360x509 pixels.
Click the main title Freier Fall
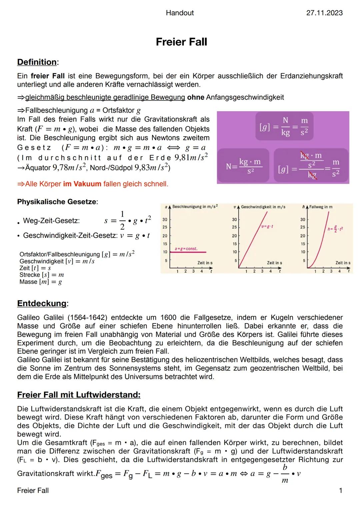coord(181,42)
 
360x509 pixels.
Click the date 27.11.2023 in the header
coord(324,13)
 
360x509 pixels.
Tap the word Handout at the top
coord(180,13)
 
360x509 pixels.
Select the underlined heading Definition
coord(37,62)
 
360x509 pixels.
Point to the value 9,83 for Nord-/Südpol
coord(141,167)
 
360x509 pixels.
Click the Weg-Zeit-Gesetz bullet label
coord(51,221)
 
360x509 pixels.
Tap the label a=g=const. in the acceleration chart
coord(186,249)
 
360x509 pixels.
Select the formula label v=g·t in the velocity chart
coord(268,227)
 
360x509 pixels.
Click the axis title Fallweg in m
coord(321,207)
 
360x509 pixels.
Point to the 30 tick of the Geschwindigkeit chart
coord(234,220)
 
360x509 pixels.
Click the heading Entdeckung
coord(42,303)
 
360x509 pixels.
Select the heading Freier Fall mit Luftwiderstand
coord(79,395)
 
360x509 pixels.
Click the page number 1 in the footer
coord(340,490)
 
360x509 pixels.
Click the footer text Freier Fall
coord(33,490)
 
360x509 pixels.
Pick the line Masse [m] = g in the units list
coord(41,282)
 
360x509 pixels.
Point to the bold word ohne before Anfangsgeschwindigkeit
coord(195,97)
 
